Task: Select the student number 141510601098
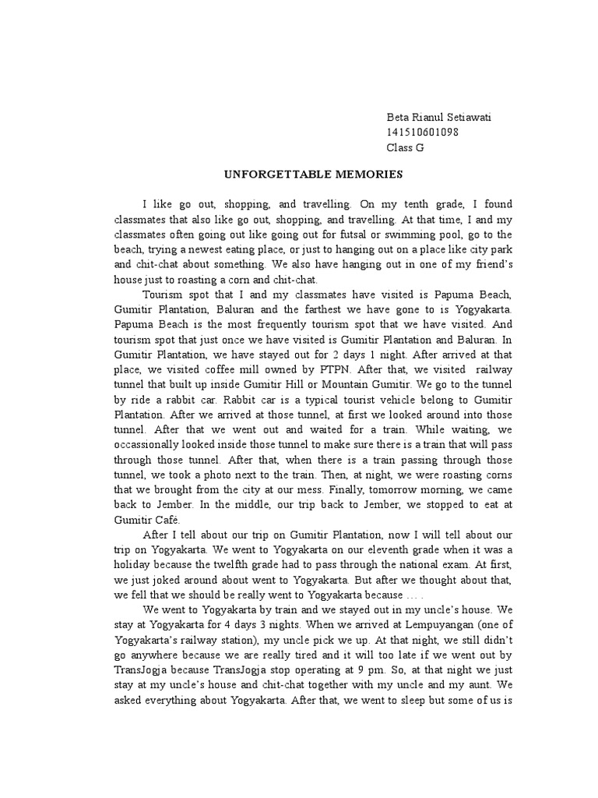pyautogui.click(x=422, y=132)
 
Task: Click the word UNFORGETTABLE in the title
pyautogui.click(x=262, y=175)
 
